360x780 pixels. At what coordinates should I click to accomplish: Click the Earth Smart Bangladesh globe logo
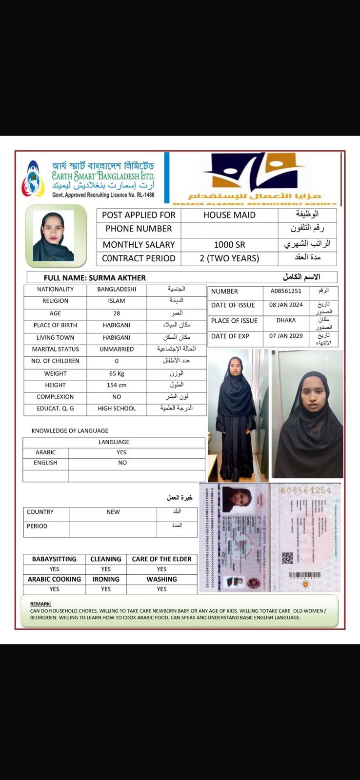tap(33, 179)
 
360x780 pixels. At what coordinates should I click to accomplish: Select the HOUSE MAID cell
tap(229, 215)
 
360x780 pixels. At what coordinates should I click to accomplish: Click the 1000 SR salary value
tap(229, 245)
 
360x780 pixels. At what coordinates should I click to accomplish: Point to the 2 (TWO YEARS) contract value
tap(229, 258)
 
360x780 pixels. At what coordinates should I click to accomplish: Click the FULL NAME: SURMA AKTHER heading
tap(95, 278)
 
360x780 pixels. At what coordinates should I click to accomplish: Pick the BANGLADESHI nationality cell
tap(117, 289)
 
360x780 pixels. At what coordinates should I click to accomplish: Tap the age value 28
tap(117, 313)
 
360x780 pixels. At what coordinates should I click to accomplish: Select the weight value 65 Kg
tap(117, 373)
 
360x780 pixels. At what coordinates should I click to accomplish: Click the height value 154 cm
tap(117, 385)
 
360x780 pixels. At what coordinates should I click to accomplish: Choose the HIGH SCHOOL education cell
tap(117, 409)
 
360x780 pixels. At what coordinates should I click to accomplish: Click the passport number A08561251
tap(286, 291)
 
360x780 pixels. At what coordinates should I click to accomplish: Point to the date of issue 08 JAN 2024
tap(286, 305)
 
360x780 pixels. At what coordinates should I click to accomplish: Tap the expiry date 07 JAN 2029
tap(286, 336)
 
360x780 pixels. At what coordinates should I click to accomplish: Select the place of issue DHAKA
tap(286, 320)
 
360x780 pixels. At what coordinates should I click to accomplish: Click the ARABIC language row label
tap(45, 452)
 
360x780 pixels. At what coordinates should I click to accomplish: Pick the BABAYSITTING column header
tap(54, 559)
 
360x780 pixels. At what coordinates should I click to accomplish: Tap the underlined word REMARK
tap(40, 604)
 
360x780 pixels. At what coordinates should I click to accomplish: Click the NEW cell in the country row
tap(113, 512)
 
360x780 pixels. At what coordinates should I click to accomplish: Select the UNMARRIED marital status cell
tap(117, 349)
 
